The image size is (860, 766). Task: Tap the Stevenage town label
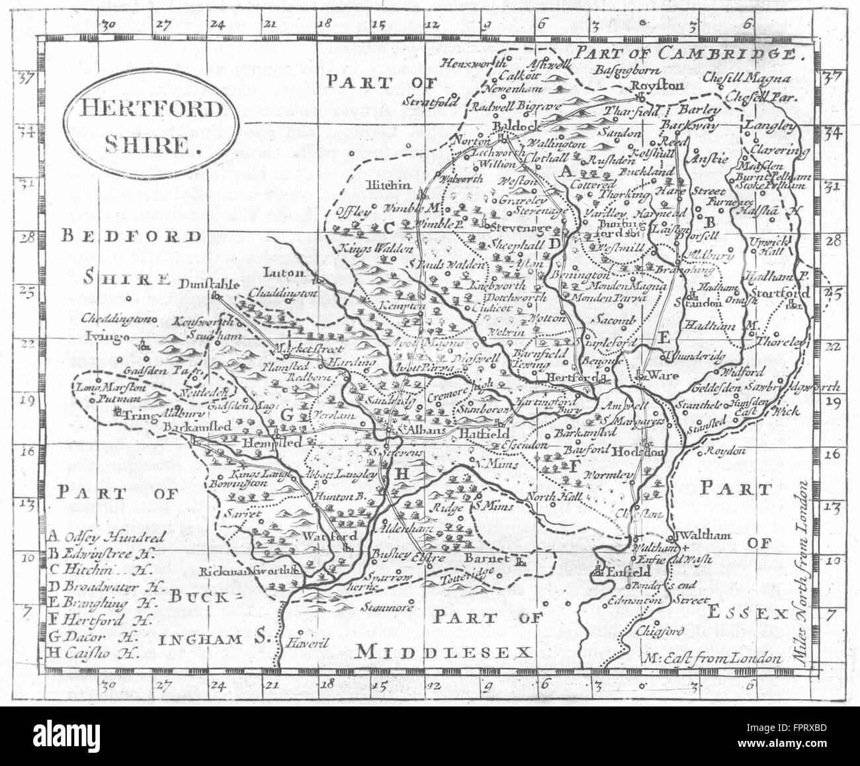521,228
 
